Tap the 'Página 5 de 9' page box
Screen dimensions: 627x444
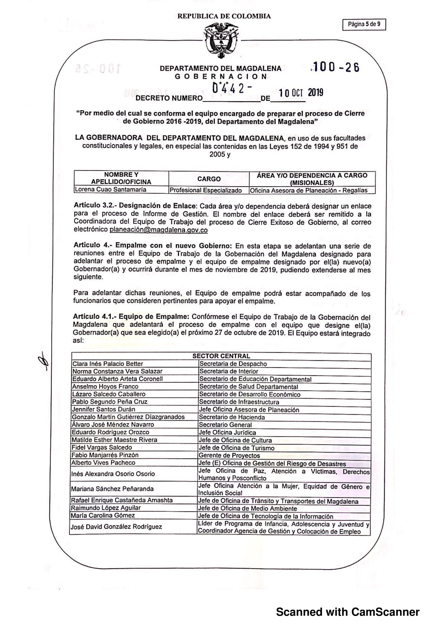[x=364, y=24]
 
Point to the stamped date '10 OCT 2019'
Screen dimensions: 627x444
[x=301, y=93]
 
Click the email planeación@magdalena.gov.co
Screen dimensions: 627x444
[x=158, y=230]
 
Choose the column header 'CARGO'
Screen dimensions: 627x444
[x=209, y=179]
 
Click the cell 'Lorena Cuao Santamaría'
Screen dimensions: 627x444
[x=110, y=190]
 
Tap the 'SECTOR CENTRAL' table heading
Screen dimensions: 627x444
[x=221, y=356]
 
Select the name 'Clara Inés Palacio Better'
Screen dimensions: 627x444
[x=107, y=364]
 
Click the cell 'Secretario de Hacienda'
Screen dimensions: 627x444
[x=232, y=417]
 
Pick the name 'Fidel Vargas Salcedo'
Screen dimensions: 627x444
[x=102, y=447]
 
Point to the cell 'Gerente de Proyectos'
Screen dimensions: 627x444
[x=229, y=455]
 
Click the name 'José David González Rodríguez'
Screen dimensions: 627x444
[x=116, y=527]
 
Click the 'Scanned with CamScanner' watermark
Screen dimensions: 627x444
[x=347, y=612]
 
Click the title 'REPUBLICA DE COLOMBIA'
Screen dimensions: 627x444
[x=224, y=16]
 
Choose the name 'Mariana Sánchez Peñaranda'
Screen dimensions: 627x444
[x=112, y=489]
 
